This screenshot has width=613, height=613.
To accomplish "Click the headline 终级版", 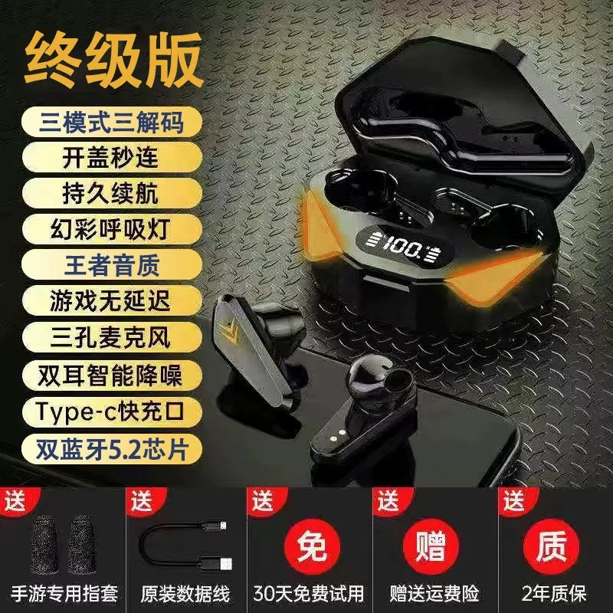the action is [x=113, y=60].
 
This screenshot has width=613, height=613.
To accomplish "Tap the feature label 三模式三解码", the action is [x=111, y=122].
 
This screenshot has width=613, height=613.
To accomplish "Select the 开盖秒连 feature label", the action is [x=111, y=157].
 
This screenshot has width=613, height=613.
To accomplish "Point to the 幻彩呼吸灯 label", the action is [x=111, y=229].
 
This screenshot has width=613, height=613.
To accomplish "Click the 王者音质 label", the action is [x=111, y=265].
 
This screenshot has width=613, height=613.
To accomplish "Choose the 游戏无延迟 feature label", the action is [x=111, y=301].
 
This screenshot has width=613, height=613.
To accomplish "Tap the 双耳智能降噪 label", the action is [x=111, y=375].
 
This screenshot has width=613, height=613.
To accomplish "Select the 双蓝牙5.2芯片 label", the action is [x=111, y=449].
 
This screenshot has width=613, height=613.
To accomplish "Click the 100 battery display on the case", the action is [x=403, y=247].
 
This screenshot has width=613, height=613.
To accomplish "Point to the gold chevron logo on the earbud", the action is [x=231, y=331].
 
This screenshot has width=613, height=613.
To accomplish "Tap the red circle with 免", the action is [x=312, y=546].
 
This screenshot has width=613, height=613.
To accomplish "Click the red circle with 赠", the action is [x=431, y=546].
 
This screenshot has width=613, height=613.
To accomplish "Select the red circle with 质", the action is [x=551, y=546].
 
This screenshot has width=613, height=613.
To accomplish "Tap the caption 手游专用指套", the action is [x=64, y=593].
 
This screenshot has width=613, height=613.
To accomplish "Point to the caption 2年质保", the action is [x=553, y=593].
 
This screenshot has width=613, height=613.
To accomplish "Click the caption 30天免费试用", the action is [x=309, y=593].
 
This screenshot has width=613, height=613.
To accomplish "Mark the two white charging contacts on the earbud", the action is [x=336, y=435].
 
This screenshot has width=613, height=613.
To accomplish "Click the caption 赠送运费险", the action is [x=434, y=593].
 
